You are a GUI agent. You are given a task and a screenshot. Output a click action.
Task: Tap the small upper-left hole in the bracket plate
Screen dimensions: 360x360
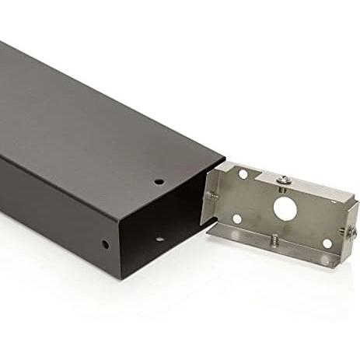243,175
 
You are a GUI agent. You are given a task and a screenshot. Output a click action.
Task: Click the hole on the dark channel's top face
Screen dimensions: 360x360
159,182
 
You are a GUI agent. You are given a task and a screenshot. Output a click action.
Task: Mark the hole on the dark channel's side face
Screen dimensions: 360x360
105,244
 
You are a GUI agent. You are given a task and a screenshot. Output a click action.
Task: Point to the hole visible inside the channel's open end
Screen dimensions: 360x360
159,238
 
